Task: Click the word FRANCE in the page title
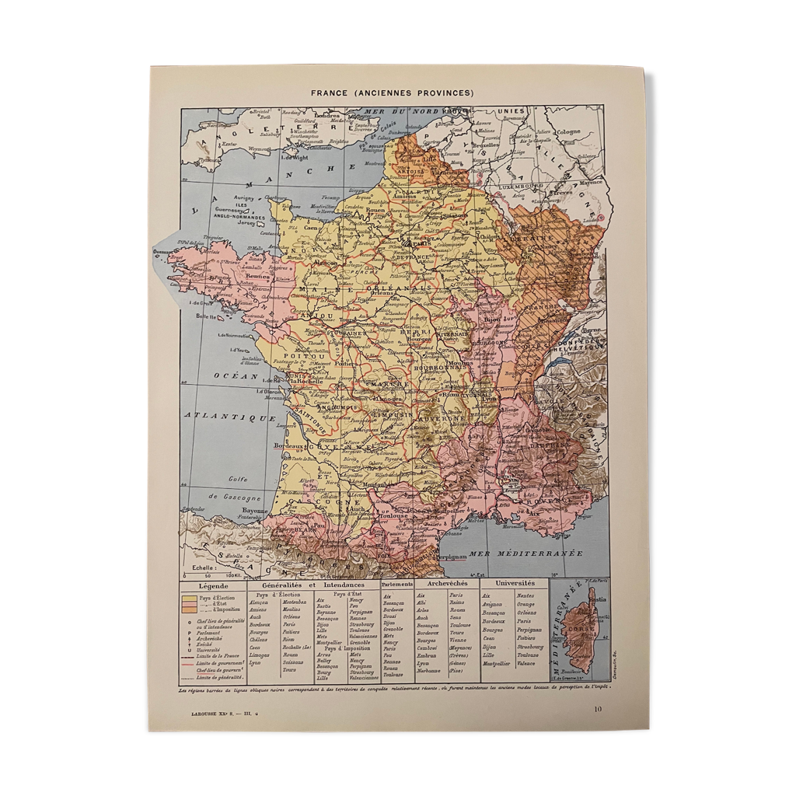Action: [330, 93]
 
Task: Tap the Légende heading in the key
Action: [213, 585]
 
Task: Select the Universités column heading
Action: [512, 583]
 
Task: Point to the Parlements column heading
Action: [396, 584]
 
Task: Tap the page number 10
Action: [596, 708]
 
